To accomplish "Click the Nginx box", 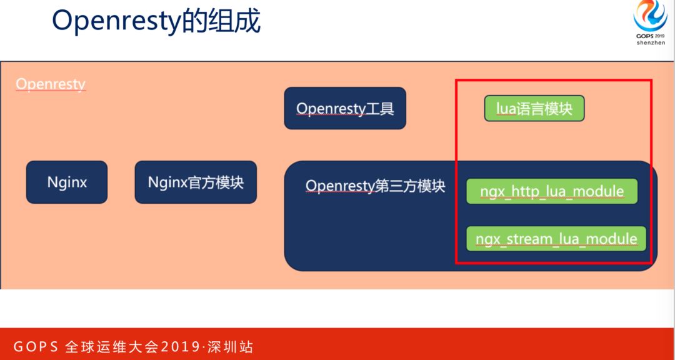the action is [67, 182].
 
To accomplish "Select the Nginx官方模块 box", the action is [196, 182].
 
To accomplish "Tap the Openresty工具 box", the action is [345, 108].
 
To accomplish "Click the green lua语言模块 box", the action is [534, 108].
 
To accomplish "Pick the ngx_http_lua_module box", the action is [552, 191].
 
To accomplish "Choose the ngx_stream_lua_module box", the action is [556, 239].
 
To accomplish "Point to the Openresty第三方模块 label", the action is [375, 186].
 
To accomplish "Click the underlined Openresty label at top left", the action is [51, 84].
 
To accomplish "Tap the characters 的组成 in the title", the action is [220, 21].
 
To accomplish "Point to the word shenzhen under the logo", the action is [651, 44].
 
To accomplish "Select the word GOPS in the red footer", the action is [36, 347].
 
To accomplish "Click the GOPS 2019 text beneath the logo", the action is [651, 36].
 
